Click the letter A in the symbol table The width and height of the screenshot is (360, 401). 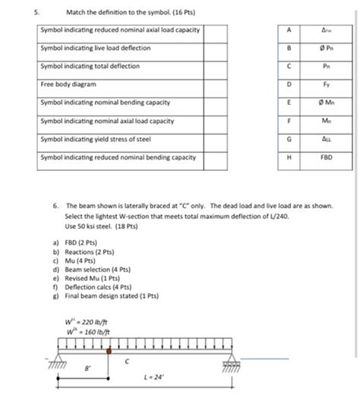point(289,30)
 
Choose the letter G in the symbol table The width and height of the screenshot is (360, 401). point(289,140)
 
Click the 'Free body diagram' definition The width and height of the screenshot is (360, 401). point(68,85)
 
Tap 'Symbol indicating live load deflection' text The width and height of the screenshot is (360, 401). point(96,49)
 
